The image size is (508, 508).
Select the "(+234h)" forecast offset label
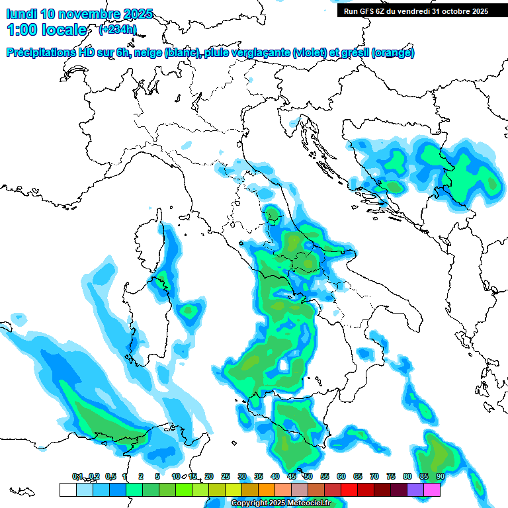pyautogui.click(x=118, y=29)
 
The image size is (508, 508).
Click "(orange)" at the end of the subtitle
pyautogui.click(x=393, y=53)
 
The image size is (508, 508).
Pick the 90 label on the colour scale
pyautogui.click(x=440, y=476)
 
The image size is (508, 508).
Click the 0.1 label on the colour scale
pyautogui.click(x=77, y=476)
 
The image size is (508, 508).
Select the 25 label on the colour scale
pyautogui.click(x=226, y=476)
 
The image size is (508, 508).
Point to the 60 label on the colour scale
pyautogui.click(x=341, y=476)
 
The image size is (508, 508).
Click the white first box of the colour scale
pyautogui.click(x=67, y=489)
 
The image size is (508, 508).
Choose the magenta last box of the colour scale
pyautogui.click(x=432, y=489)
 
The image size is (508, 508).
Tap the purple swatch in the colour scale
pyautogui.click(x=415, y=489)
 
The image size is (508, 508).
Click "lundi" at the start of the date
pyautogui.click(x=21, y=14)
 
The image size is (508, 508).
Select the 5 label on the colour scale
pyautogui.click(x=157, y=476)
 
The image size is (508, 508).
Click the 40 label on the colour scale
pyautogui.click(x=275, y=476)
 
